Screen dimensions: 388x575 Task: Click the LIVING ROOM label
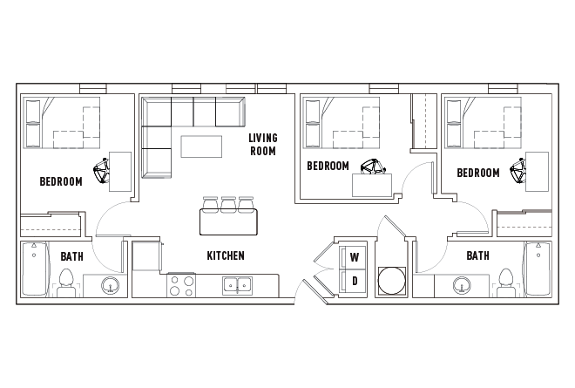[x=262, y=144]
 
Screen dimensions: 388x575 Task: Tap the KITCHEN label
[x=225, y=255]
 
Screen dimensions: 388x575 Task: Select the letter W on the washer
[x=355, y=257]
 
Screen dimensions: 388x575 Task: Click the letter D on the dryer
[x=355, y=280]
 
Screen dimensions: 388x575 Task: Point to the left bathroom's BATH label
[x=71, y=256]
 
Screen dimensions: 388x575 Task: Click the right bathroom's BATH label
[x=477, y=255]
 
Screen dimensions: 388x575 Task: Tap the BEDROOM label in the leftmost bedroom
[x=61, y=181]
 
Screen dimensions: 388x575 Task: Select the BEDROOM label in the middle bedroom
[x=328, y=166]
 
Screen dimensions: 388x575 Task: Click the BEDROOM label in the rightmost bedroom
[x=478, y=173]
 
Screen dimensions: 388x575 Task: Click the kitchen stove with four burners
[x=181, y=286]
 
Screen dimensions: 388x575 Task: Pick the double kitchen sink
[x=236, y=284]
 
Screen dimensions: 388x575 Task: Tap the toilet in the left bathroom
[x=65, y=282]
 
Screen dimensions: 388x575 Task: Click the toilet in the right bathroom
[x=505, y=282]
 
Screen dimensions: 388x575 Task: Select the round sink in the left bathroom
[x=111, y=284]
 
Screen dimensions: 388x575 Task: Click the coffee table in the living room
[x=200, y=146]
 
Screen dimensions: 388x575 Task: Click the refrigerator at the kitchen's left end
[x=146, y=258]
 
